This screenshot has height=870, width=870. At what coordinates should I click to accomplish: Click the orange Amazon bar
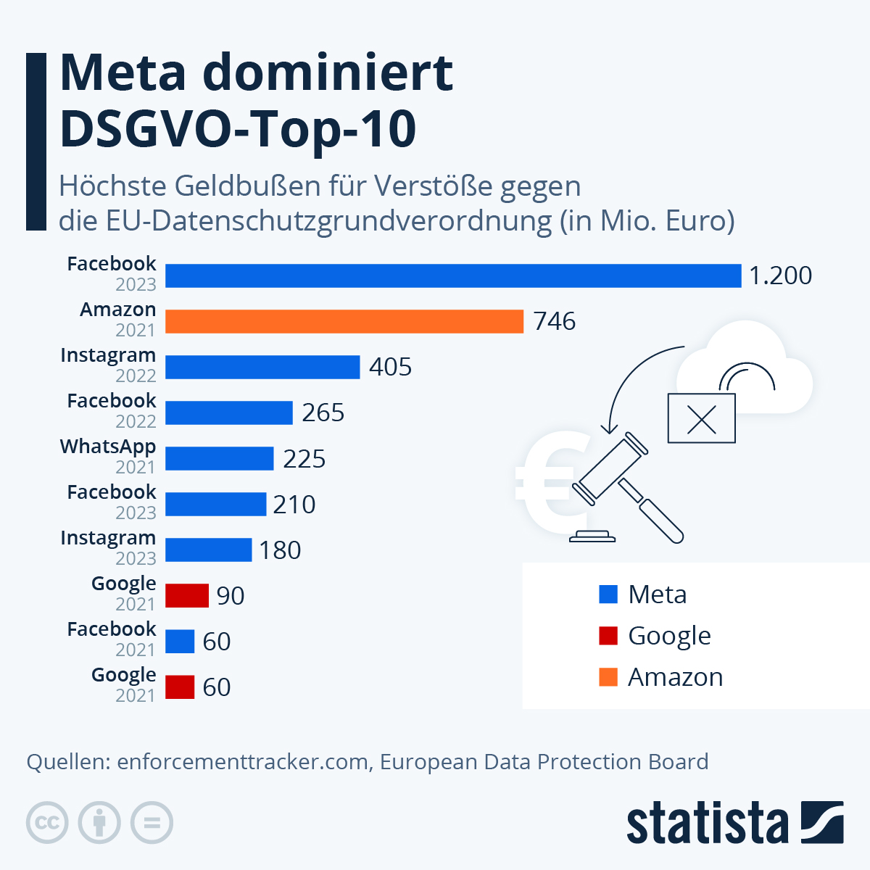pyautogui.click(x=344, y=321)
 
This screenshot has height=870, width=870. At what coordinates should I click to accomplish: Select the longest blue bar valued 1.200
pyautogui.click(x=453, y=275)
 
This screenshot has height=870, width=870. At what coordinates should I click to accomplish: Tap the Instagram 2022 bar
pyautogui.click(x=262, y=367)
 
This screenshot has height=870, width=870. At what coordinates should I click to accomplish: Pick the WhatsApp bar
pyautogui.click(x=219, y=458)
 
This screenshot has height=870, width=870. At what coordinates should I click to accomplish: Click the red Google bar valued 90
pyautogui.click(x=187, y=595)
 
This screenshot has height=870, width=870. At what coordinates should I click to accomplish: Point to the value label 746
pyautogui.click(x=555, y=321)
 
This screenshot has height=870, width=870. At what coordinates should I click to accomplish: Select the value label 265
pyautogui.click(x=323, y=413)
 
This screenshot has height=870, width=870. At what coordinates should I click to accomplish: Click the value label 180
pyautogui.click(x=280, y=550)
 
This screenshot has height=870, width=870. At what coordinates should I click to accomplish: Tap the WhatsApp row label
pyautogui.click(x=108, y=447)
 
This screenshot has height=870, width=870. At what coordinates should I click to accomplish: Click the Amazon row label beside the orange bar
pyautogui.click(x=117, y=310)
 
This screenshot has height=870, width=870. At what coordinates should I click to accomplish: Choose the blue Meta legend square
pyautogui.click(x=608, y=594)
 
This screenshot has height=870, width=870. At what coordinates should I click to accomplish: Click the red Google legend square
pyautogui.click(x=608, y=636)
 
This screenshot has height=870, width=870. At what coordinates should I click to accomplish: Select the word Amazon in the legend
pyautogui.click(x=675, y=677)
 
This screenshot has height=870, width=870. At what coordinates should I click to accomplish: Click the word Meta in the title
pyautogui.click(x=123, y=72)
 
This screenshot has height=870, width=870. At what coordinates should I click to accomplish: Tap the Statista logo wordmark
pyautogui.click(x=707, y=823)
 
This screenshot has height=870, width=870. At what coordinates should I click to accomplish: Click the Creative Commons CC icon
pyautogui.click(x=47, y=823)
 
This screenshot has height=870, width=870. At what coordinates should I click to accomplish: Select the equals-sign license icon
pyautogui.click(x=152, y=823)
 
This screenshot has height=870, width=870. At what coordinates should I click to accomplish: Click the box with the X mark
pyautogui.click(x=701, y=418)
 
